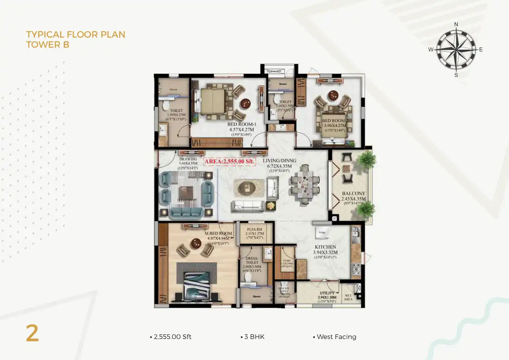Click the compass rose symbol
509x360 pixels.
(x=456, y=50)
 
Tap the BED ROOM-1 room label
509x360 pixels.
(x=242, y=124)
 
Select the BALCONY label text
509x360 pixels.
(x=353, y=194)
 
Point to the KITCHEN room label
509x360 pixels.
(x=325, y=247)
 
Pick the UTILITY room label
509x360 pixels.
(x=327, y=293)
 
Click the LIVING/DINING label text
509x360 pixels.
(x=280, y=161)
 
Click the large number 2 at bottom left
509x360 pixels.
(x=32, y=334)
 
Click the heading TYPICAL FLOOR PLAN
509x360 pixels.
(x=75, y=35)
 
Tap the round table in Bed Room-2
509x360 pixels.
(x=333, y=96)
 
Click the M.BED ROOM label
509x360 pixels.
(x=218, y=234)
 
